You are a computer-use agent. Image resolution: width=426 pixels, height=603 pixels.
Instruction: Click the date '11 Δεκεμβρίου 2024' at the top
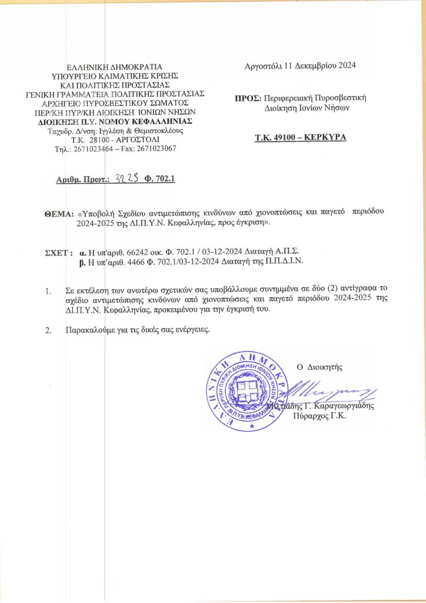click(322, 66)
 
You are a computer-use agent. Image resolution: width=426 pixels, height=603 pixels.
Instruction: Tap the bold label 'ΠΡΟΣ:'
click(247, 98)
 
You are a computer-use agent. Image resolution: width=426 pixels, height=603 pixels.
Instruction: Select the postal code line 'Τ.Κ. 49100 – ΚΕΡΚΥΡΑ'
click(300, 140)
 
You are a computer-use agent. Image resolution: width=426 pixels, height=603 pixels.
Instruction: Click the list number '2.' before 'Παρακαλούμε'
click(48, 330)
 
